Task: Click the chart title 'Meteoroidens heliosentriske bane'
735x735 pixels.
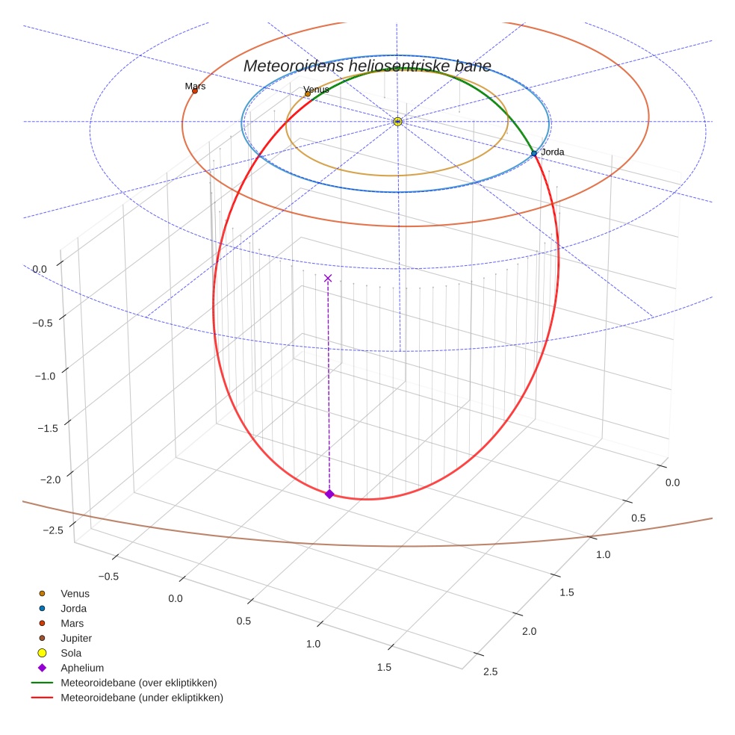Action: [x=367, y=66]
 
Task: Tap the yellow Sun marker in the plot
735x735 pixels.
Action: [x=397, y=121]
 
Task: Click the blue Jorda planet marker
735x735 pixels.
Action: [x=534, y=153]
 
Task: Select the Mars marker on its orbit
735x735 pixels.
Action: [x=195, y=91]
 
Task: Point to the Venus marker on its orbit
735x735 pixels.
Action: [x=308, y=94]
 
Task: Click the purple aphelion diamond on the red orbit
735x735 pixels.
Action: [x=329, y=494]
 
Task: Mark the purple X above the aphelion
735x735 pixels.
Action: [x=328, y=279]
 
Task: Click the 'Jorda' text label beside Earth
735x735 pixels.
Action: [x=553, y=152]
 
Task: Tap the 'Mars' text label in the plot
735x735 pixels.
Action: [x=195, y=86]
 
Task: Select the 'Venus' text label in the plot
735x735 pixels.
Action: [x=317, y=90]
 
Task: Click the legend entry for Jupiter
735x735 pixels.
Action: [x=76, y=638]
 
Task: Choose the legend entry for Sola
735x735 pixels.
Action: [x=71, y=653]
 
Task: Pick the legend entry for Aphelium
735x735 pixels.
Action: [x=82, y=668]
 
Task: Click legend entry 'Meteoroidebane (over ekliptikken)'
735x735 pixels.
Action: [x=139, y=683]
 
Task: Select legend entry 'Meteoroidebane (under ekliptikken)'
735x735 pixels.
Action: [x=142, y=698]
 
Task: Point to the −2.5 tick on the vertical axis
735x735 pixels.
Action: [x=53, y=530]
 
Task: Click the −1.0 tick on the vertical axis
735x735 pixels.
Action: [x=46, y=375]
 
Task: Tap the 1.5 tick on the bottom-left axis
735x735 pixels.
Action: [x=384, y=667]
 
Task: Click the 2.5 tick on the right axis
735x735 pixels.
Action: [x=491, y=672]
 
